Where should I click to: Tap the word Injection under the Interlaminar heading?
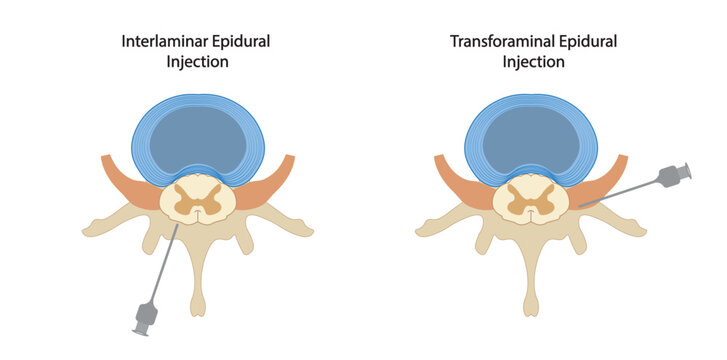pyautogui.click(x=198, y=62)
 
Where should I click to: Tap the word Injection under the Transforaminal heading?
pyautogui.click(x=533, y=62)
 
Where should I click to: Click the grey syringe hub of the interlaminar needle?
pyautogui.click(x=146, y=317)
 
